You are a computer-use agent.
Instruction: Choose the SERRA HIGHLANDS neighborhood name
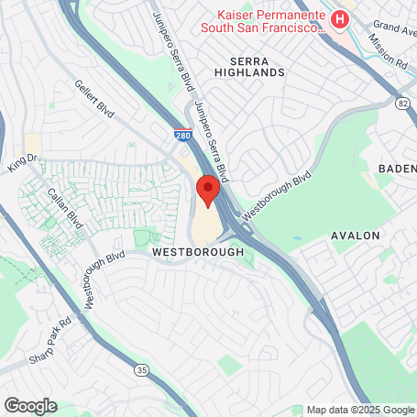point(250,64)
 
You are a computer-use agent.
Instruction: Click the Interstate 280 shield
point(184,135)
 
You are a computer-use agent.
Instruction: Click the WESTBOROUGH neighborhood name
point(197,251)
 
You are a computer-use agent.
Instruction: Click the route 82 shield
point(403,106)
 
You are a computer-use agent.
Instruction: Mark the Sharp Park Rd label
point(50,339)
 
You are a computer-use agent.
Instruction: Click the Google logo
point(30,405)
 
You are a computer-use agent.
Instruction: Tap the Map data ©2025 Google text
point(359,410)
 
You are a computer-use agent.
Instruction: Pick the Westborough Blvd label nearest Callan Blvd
point(103,280)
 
